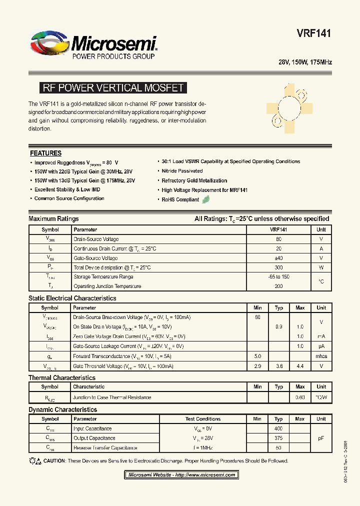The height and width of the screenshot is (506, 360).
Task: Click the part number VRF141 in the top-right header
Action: (x=314, y=33)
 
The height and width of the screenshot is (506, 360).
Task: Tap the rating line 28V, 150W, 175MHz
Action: (x=305, y=62)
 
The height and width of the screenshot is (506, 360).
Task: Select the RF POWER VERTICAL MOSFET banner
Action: (x=113, y=88)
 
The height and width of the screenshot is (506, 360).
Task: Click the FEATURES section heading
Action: (x=45, y=153)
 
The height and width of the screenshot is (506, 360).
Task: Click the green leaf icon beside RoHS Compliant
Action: (x=205, y=199)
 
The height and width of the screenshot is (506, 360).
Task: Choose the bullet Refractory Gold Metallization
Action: (x=194, y=180)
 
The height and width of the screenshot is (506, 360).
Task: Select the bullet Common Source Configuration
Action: (x=69, y=198)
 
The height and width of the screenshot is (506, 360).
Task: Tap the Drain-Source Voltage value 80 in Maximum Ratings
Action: (x=278, y=239)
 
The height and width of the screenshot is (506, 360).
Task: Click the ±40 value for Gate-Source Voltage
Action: (x=278, y=258)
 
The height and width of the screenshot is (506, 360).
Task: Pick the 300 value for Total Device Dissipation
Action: (x=278, y=267)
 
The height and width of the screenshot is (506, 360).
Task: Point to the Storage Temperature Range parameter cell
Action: (x=103, y=277)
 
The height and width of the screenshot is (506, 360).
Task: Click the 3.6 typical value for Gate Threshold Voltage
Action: (x=279, y=366)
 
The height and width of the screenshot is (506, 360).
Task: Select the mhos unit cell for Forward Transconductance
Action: (x=321, y=356)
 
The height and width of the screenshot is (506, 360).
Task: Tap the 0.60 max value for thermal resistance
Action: (x=300, y=397)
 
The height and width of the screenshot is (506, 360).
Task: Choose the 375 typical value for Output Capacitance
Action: (x=278, y=438)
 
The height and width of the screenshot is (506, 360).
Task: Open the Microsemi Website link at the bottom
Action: (x=181, y=475)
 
